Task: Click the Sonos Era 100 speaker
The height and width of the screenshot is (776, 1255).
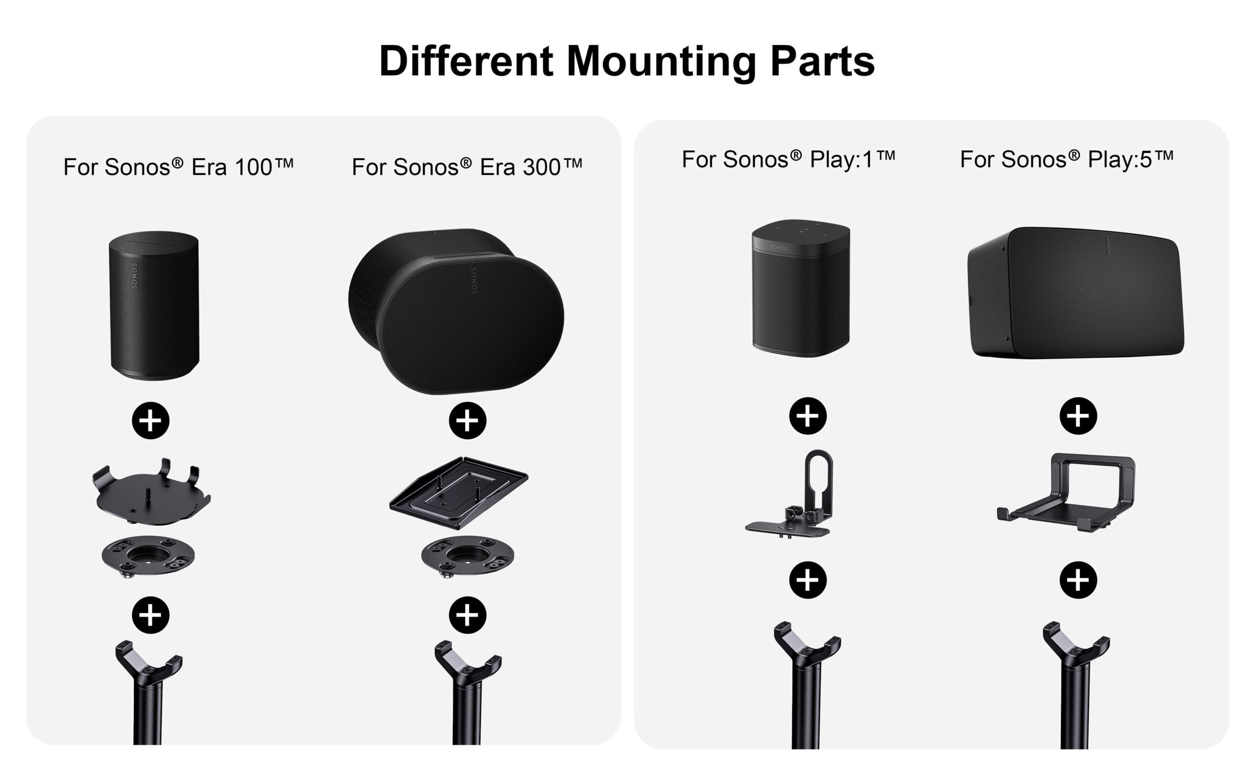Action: click(154, 306)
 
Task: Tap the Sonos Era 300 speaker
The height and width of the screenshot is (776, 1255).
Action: click(456, 312)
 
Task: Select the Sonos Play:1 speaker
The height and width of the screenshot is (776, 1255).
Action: click(801, 289)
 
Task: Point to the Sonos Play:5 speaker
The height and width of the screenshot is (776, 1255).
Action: click(1076, 293)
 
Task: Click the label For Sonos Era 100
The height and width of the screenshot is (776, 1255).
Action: click(178, 167)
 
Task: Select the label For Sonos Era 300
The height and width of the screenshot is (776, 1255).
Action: click(467, 167)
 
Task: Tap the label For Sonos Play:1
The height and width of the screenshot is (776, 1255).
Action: click(788, 159)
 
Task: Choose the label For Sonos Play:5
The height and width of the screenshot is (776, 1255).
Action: click(1067, 159)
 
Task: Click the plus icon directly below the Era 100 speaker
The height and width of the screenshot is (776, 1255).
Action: click(151, 420)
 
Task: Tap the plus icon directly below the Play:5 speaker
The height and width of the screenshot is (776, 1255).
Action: click(1079, 416)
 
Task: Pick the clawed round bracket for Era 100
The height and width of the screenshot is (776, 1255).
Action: click(151, 492)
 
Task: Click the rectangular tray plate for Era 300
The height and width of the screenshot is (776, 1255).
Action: click(458, 493)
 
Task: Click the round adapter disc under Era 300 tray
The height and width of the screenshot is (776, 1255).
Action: click(467, 557)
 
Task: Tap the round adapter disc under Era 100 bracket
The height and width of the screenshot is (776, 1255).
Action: click(148, 557)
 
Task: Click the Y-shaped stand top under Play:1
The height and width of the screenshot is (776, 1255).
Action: click(807, 648)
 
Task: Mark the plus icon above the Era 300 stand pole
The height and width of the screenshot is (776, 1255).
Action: click(467, 615)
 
